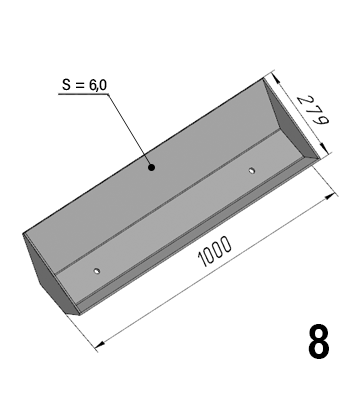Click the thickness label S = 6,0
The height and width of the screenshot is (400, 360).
[85, 85]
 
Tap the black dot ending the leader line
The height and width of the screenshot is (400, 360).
[152, 167]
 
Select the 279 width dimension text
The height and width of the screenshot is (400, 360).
[313, 111]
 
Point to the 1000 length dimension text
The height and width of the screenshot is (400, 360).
[214, 252]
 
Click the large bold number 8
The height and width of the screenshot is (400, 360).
[319, 341]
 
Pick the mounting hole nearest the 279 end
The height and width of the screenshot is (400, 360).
[252, 171]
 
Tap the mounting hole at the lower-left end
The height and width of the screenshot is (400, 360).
[97, 271]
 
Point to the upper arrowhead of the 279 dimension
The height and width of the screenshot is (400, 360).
[276, 79]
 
